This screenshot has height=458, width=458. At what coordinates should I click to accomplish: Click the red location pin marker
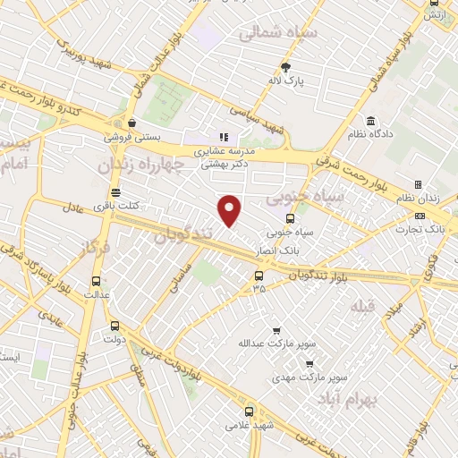click(x=230, y=211)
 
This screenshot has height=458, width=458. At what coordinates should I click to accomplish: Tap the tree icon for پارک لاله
click(x=285, y=67)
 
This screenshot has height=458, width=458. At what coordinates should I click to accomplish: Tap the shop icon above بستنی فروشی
click(x=132, y=123)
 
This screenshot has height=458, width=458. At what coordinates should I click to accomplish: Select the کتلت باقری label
click(x=114, y=207)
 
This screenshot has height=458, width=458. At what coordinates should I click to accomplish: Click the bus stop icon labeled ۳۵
click(x=259, y=275)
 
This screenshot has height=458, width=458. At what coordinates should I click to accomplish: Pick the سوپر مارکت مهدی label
click(x=309, y=377)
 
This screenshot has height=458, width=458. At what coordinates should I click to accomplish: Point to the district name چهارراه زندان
click(x=139, y=164)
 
